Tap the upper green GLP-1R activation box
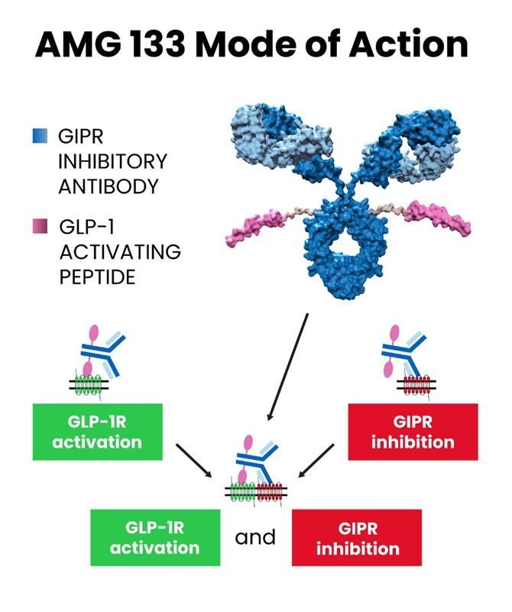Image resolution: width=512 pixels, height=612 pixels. click(97, 432)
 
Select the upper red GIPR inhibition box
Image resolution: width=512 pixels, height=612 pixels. click(413, 432)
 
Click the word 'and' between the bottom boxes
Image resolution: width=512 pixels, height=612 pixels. click(255, 537)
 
